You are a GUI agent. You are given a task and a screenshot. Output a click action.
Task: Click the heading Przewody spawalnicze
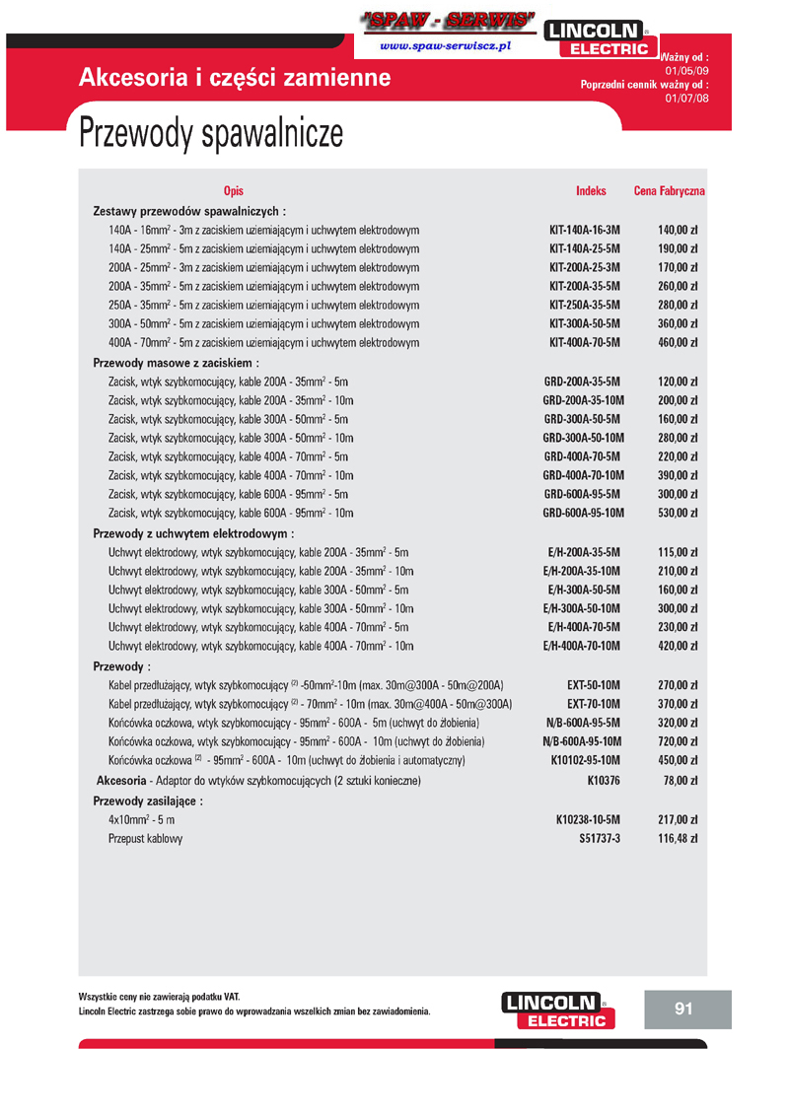[211, 134]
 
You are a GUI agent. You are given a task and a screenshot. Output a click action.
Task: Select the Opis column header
[233, 191]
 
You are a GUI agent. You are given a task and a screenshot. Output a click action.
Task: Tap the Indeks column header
[591, 191]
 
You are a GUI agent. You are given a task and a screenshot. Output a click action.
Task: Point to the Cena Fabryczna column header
[669, 191]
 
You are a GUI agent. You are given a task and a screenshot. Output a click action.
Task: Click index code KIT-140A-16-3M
[584, 230]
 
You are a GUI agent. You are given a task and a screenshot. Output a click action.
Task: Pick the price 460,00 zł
[678, 343]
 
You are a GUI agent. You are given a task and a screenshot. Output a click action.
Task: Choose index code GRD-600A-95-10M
[583, 514]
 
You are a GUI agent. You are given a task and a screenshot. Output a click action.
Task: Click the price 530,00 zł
[678, 514]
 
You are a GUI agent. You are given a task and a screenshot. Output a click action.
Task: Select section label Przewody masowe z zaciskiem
[176, 363]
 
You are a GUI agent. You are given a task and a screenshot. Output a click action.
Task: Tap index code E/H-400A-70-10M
[582, 647]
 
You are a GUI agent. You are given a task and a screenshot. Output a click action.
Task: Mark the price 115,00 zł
[678, 552]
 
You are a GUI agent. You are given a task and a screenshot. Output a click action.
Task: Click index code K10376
[603, 781]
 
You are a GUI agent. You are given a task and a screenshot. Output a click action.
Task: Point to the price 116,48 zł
[678, 839]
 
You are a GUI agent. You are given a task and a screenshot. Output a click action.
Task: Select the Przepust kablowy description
[145, 839]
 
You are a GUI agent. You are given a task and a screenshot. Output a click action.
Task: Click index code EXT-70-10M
[594, 704]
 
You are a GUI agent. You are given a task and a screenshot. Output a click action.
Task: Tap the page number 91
[684, 1009]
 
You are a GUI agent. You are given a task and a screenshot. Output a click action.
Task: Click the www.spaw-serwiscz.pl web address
[444, 46]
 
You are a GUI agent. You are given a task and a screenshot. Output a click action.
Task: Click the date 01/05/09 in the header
[686, 71]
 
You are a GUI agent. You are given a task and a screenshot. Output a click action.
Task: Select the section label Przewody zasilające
[148, 801]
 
